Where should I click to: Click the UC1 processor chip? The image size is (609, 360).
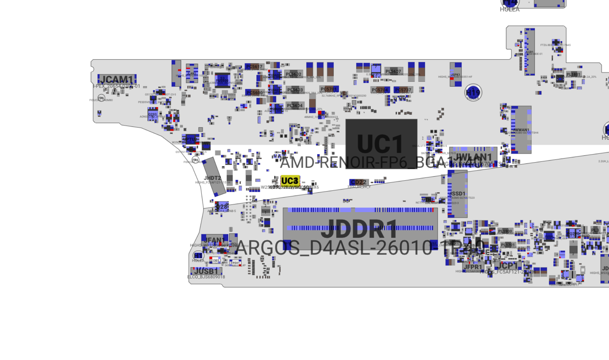point(381,144)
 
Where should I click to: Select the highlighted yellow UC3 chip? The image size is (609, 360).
point(290,181)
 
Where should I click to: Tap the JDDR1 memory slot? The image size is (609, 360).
point(360,228)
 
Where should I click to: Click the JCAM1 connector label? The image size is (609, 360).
point(117,79)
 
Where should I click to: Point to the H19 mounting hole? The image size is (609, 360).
point(473,93)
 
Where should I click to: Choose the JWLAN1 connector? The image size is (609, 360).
point(473,157)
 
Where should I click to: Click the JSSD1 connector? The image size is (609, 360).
point(457,194)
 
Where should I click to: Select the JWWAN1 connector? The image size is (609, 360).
point(521,130)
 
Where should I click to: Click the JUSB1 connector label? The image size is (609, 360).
point(206,271)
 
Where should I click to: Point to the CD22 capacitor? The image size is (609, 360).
point(359,182)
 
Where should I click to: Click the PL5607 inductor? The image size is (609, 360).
point(393,71)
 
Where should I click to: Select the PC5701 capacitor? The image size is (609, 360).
point(329,89)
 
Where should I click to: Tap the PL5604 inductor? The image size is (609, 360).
point(295,106)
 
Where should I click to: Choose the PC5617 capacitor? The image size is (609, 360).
point(254,67)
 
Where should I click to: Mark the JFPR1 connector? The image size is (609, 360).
point(473,267)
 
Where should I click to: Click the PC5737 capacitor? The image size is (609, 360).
point(403,90)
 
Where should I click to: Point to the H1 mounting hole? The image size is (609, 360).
point(198,256)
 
